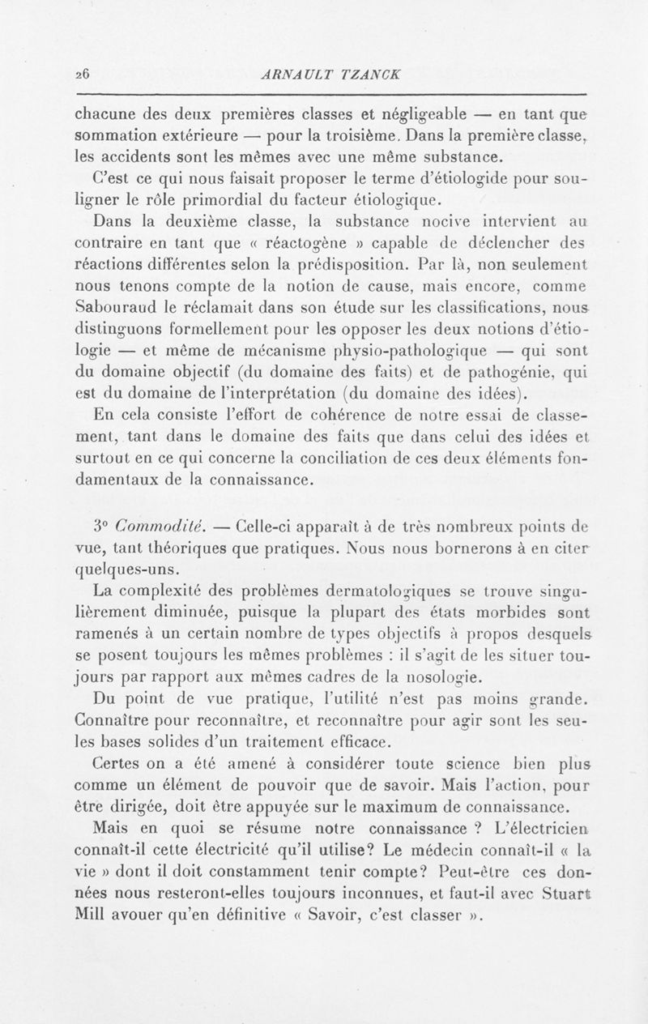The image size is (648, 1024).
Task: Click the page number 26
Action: point(81,72)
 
